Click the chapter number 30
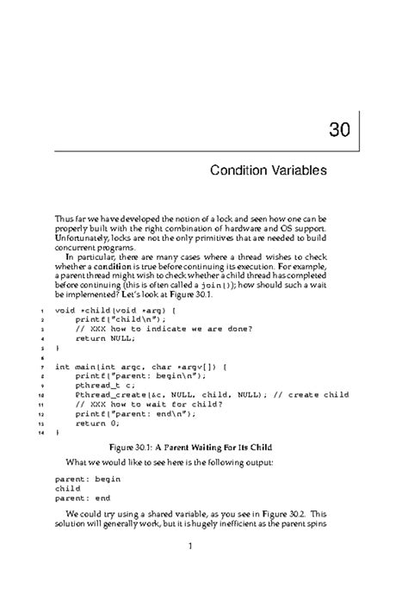point(338,133)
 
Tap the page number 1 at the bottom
point(204,568)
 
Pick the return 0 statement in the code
point(96,423)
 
